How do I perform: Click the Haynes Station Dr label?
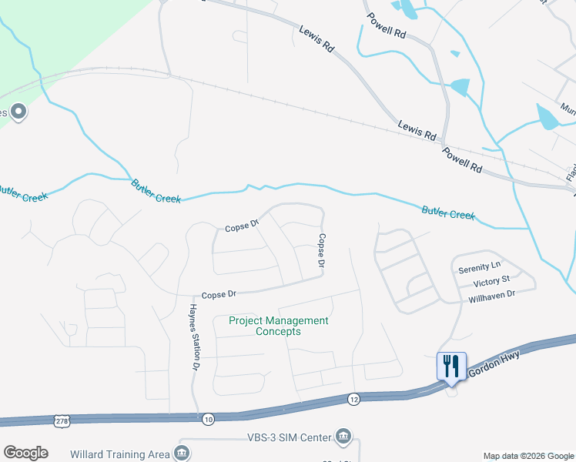(194, 336)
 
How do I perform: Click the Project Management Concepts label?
(279, 326)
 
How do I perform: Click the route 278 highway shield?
(62, 420)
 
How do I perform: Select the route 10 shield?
(208, 418)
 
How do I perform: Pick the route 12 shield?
(353, 398)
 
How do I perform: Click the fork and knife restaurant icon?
(451, 366)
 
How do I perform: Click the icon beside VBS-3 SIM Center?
(343, 438)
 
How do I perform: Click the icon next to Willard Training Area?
(183, 453)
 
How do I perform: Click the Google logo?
(25, 453)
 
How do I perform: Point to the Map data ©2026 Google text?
(527, 456)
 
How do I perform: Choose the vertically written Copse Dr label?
(322, 251)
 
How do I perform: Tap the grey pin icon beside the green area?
(19, 112)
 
